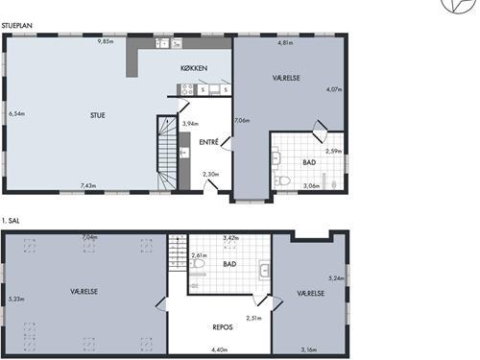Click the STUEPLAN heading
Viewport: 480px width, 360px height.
click(x=17, y=26)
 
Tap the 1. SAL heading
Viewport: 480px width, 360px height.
click(x=11, y=221)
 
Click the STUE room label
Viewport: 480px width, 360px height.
click(x=98, y=115)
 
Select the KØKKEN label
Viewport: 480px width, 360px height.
click(x=194, y=68)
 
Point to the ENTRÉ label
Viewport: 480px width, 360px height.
click(x=209, y=142)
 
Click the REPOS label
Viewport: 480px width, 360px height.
click(x=223, y=327)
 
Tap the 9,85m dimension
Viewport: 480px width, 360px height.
click(x=106, y=41)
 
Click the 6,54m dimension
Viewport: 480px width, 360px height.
click(x=16, y=113)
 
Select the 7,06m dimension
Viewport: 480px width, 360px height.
click(x=242, y=121)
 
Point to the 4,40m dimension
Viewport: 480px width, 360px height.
click(x=220, y=349)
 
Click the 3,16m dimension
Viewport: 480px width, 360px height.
click(x=309, y=349)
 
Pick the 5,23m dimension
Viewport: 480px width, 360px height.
click(x=16, y=300)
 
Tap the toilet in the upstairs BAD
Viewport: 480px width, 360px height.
click(x=197, y=264)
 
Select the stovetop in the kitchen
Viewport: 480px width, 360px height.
click(x=187, y=89)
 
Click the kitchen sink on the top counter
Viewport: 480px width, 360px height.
click(x=162, y=43)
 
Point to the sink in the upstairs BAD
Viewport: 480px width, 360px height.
click(x=264, y=271)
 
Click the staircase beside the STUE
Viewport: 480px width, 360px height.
click(x=167, y=153)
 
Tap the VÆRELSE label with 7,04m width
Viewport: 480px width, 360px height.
click(x=84, y=292)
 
